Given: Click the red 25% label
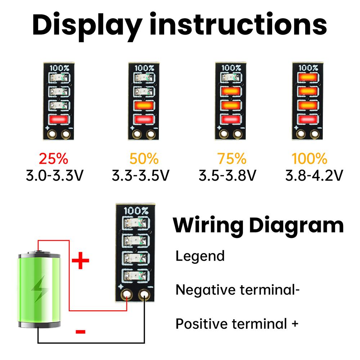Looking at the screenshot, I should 53,159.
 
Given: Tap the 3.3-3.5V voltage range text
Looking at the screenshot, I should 140,176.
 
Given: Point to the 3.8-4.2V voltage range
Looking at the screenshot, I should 314,176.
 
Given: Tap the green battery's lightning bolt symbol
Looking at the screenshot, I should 39,288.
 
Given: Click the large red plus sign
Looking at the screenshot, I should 81,261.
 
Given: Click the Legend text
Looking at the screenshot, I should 200,256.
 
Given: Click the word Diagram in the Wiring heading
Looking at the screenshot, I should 296,226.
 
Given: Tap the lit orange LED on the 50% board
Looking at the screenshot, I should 143,105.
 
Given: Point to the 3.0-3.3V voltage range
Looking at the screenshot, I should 55,176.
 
